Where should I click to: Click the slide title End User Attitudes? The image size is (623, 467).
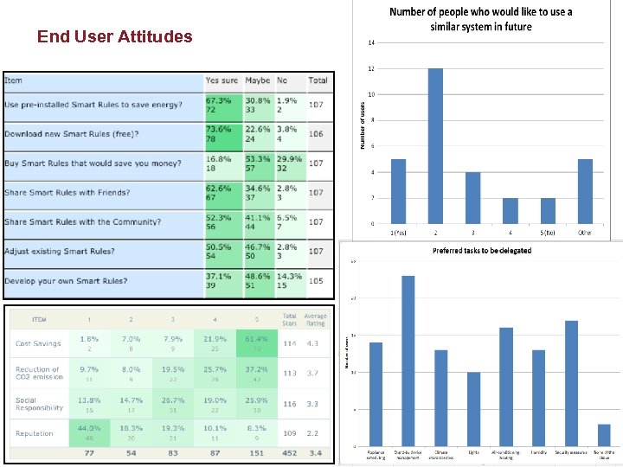pos(114,36)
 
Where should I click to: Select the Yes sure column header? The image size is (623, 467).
pos(222,80)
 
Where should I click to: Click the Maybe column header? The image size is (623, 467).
pos(257,80)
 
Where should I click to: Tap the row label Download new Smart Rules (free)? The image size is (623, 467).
pos(72,134)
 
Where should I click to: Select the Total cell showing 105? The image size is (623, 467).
pos(318,281)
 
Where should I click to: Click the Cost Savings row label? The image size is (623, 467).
pos(39,343)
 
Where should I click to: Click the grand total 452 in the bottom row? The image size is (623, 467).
pos(290,452)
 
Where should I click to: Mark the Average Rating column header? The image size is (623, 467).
pos(316,320)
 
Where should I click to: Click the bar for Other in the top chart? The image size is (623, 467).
pos(585,191)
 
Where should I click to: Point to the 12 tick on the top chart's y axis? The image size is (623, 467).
pos(370,68)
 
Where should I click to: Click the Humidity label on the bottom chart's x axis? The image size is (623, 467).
pos(538,451)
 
